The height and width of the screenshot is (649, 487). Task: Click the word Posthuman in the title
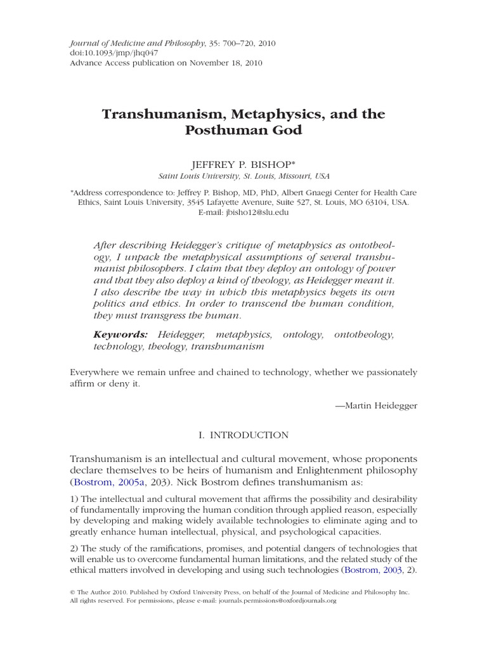point(218,131)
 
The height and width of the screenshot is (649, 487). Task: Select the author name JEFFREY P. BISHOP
point(243,164)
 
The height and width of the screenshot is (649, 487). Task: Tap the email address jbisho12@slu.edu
point(257,213)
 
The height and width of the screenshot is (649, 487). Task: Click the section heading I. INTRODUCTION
point(243,435)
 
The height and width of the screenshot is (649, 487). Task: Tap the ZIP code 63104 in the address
point(379,202)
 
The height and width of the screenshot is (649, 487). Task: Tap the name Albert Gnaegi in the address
point(299,192)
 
